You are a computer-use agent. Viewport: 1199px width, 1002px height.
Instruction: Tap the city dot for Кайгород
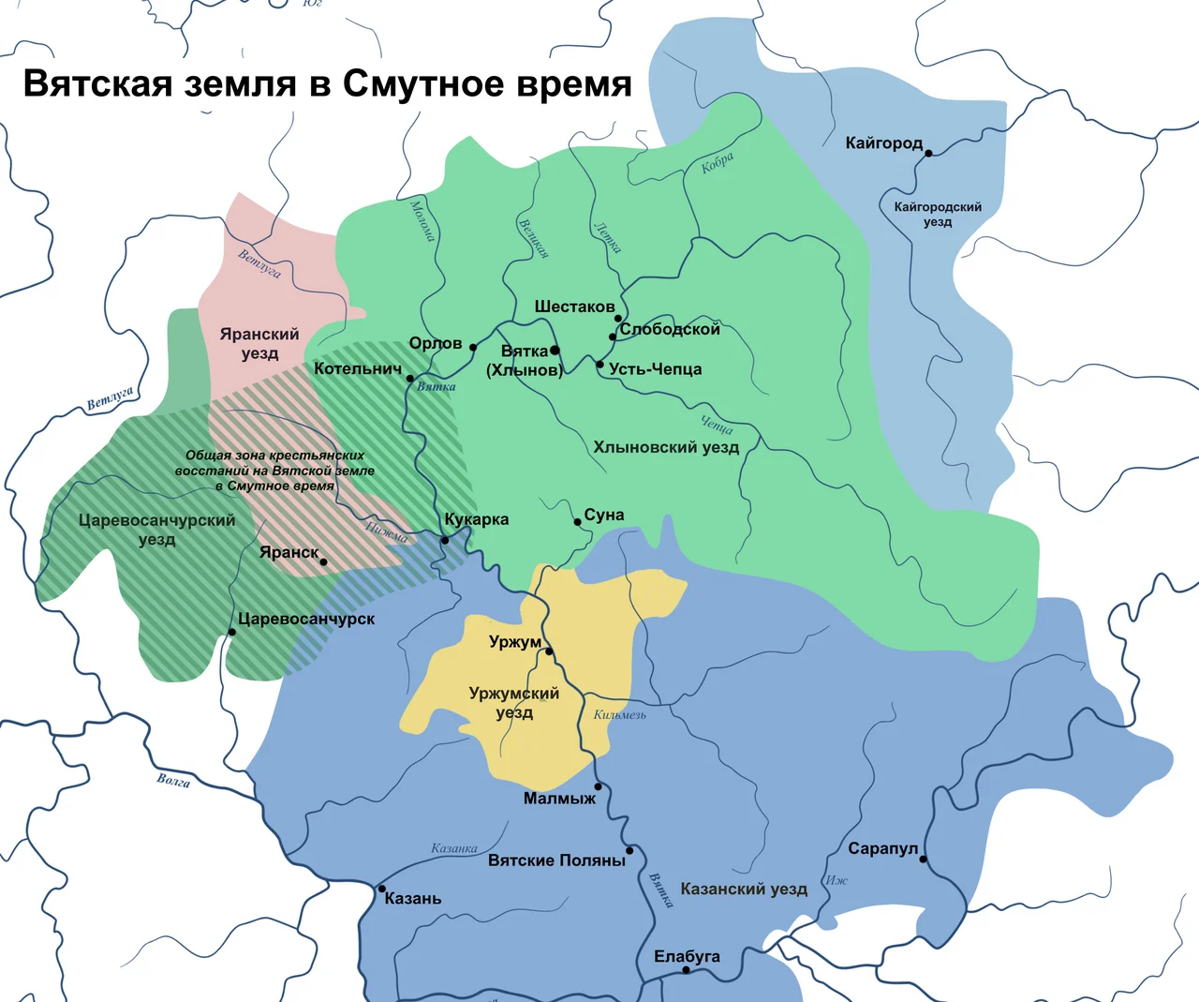tap(928, 153)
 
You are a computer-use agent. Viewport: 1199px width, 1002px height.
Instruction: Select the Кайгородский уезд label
tap(938, 215)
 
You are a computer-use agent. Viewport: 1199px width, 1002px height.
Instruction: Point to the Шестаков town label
tap(574, 307)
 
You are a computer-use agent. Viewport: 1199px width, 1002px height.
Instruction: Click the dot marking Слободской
tap(613, 336)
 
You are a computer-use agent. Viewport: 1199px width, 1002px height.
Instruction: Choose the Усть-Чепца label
tap(655, 369)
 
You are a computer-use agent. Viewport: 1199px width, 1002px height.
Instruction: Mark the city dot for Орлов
tap(473, 348)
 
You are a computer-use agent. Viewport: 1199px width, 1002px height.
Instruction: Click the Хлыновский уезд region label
tap(666, 447)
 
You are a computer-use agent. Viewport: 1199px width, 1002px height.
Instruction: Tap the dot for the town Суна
tap(577, 522)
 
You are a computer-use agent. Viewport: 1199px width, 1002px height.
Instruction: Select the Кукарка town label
tap(477, 519)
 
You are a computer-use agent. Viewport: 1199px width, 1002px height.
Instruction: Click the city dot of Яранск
tap(323, 562)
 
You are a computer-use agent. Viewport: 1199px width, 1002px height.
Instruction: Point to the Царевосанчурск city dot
tap(232, 633)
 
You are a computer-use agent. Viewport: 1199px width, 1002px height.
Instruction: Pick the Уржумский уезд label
tap(514, 703)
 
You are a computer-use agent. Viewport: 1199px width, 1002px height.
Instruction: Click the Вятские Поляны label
tap(556, 860)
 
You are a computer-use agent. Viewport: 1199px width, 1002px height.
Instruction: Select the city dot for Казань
tap(382, 889)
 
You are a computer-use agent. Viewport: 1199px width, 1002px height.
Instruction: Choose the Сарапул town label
tap(882, 848)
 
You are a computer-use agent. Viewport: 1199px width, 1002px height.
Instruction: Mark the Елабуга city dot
tap(686, 970)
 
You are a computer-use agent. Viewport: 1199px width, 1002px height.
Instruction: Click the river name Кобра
tap(718, 163)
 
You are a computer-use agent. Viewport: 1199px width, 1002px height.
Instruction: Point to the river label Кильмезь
tap(619, 715)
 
